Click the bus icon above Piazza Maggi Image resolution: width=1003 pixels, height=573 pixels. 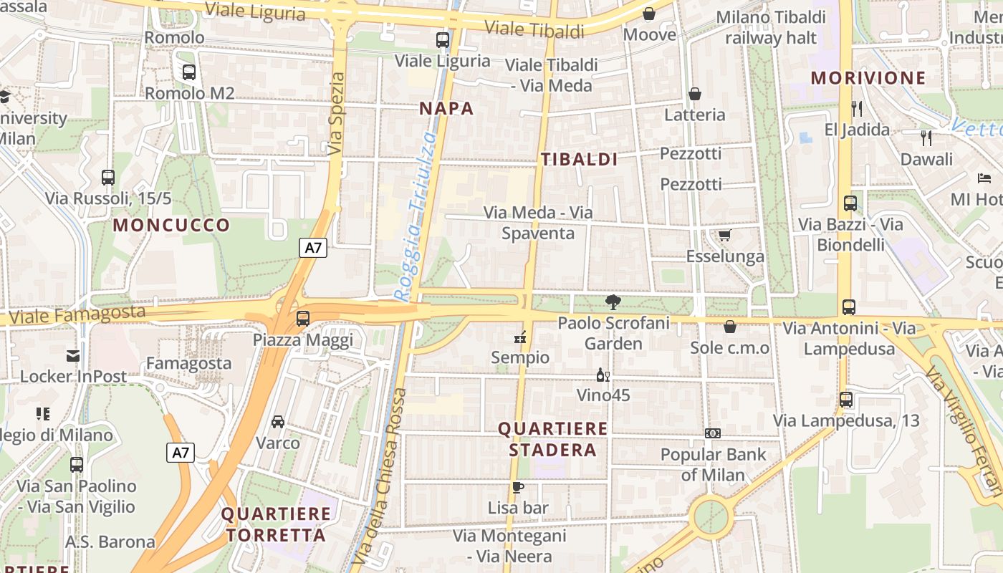click(303, 319)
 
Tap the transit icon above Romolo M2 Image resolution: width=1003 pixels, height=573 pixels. click(189, 72)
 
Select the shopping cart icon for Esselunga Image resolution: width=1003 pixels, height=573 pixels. click(724, 236)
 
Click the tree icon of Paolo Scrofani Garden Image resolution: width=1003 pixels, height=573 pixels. click(613, 302)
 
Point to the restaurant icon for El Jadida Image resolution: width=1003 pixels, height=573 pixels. click(857, 109)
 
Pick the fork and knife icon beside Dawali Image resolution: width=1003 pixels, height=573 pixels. click(926, 138)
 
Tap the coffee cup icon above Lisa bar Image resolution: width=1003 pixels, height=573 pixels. click(517, 488)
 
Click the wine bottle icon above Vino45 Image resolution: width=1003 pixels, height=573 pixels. click(603, 375)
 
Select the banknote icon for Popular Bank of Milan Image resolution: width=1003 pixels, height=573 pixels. click(713, 433)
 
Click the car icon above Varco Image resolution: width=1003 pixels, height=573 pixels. click(278, 422)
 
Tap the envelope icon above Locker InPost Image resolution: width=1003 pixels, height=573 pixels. click(73, 355)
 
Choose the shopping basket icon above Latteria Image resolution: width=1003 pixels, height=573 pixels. click(694, 94)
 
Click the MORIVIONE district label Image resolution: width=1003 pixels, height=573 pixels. click(868, 77)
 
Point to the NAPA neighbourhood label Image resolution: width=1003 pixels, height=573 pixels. click(446, 108)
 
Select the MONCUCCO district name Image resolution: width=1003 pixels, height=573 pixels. click(172, 225)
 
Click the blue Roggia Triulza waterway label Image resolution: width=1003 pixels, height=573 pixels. click(416, 215)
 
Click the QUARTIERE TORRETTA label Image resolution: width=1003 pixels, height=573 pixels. click(276, 524)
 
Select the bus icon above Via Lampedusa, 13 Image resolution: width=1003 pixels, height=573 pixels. click(846, 400)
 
